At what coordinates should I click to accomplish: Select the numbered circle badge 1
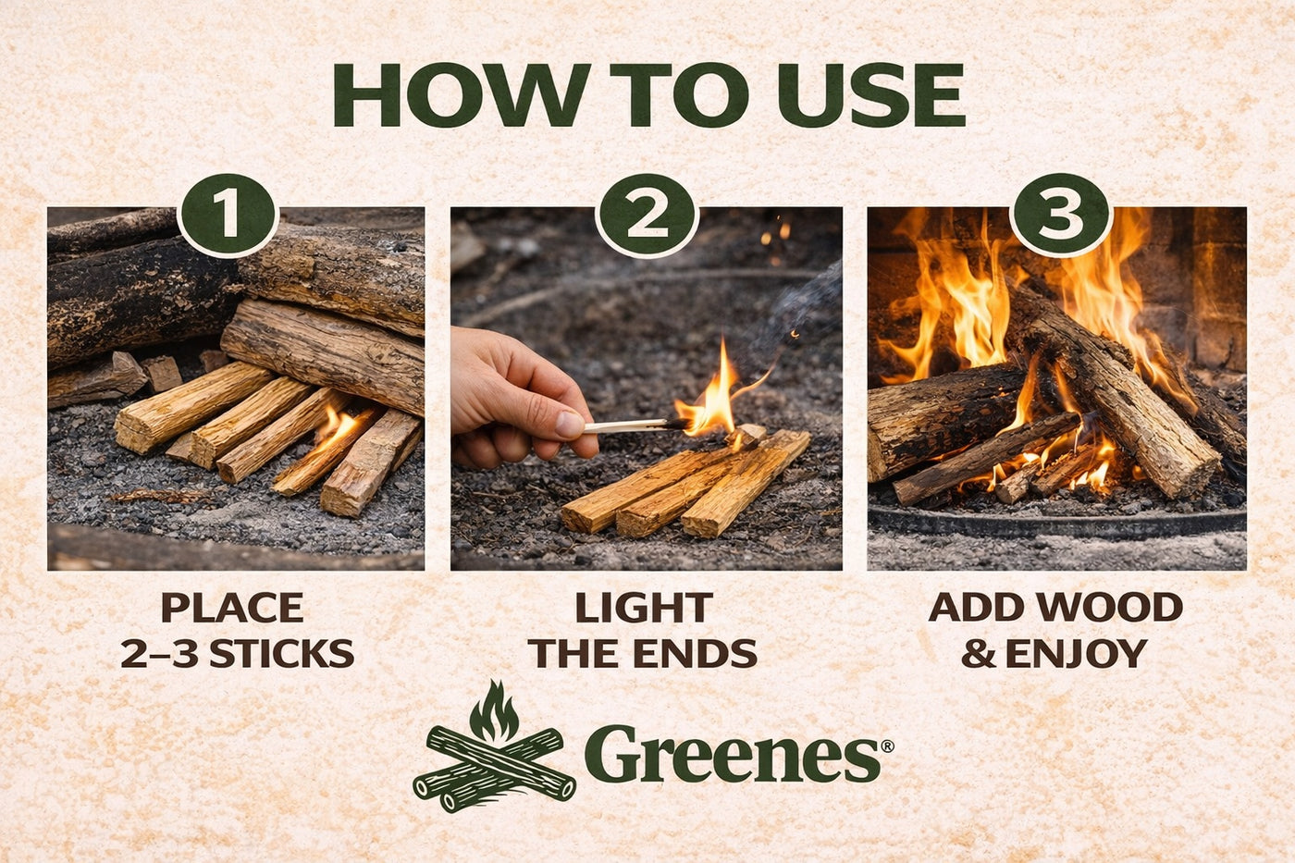[x=228, y=216]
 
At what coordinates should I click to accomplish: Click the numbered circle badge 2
[x=647, y=216]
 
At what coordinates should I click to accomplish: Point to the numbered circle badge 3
[x=1061, y=216]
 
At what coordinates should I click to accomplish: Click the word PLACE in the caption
[x=232, y=608]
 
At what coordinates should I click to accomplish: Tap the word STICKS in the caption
[x=281, y=653]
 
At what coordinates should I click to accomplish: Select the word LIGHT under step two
[x=644, y=608]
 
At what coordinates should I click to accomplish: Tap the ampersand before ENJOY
[x=980, y=654]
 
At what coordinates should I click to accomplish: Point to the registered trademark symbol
[x=887, y=746]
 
